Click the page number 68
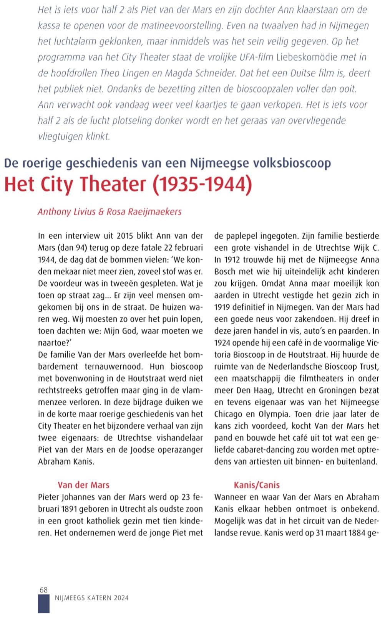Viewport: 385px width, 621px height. [43, 590]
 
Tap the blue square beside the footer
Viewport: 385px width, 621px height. [43, 604]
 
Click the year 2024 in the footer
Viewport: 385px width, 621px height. [121, 598]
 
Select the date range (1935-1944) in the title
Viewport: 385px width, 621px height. [202, 184]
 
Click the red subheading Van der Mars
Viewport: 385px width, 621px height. [83, 485]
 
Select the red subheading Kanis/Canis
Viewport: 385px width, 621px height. [257, 485]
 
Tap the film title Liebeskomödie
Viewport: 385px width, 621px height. [306, 57]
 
